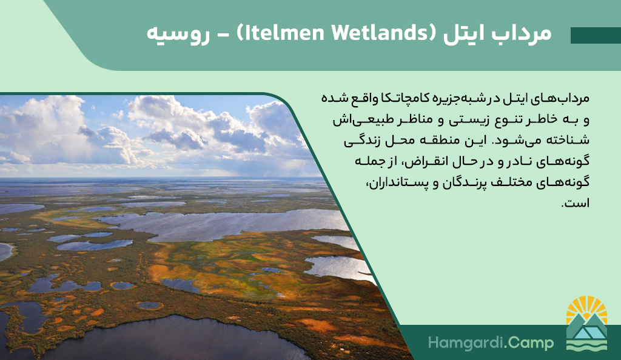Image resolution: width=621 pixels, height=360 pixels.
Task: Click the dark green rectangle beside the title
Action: tap(596, 35)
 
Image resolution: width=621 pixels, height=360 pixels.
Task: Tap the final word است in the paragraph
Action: tap(575, 204)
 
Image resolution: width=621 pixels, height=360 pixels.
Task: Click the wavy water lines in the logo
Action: tap(586, 345)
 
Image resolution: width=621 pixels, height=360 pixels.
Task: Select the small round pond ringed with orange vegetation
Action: tap(149, 305)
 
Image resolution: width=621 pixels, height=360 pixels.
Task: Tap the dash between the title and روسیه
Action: tap(223, 35)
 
